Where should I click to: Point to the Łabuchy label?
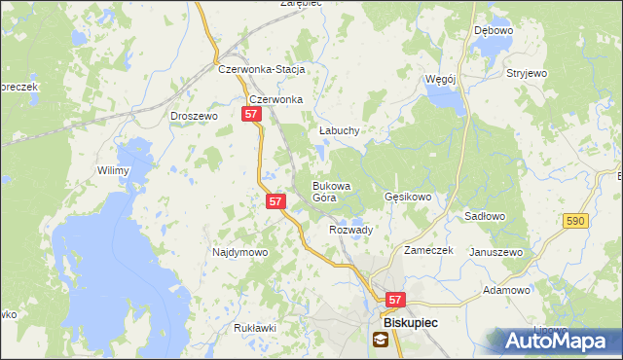(340, 130)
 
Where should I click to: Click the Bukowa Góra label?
(330, 191)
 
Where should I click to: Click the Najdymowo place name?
(239, 252)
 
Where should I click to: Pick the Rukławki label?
(255, 328)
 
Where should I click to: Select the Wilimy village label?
(113, 170)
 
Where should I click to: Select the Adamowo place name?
(506, 290)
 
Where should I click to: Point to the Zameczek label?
(428, 250)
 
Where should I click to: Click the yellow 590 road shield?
(575, 222)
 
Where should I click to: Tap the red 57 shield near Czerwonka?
(251, 115)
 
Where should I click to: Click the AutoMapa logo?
(560, 341)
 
